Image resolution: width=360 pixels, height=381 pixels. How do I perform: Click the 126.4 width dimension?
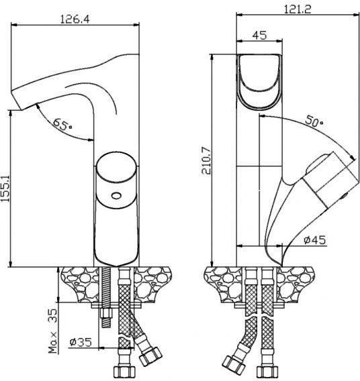(75, 19)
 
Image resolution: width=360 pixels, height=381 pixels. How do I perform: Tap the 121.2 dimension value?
(298, 9)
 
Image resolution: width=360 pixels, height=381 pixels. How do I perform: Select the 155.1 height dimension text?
(5, 188)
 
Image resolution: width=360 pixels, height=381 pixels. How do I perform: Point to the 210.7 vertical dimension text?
(206, 160)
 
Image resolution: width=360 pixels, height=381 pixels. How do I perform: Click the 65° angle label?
(62, 124)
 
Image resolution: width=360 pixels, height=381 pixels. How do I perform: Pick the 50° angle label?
(314, 121)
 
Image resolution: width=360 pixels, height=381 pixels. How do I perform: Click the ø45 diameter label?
(314, 240)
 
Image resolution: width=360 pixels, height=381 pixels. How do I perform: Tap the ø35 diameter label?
(81, 342)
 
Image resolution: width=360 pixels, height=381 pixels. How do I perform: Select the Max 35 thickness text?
(53, 331)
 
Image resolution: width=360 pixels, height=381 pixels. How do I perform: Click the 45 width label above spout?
(259, 36)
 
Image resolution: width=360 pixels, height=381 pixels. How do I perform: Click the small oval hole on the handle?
(116, 195)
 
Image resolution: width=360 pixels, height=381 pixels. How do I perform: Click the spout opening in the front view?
(259, 82)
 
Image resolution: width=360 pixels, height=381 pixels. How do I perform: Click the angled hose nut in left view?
(150, 356)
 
